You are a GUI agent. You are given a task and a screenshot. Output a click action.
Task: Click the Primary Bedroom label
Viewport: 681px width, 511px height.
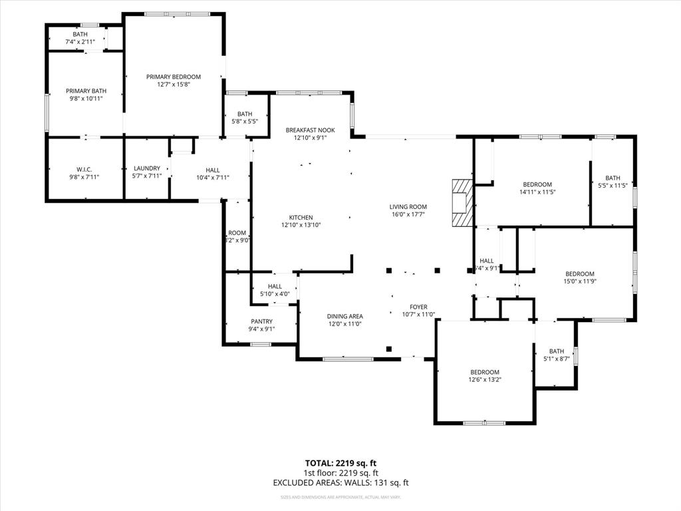[x=174, y=77]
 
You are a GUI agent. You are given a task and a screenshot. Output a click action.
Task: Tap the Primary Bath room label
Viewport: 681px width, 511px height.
[x=86, y=91]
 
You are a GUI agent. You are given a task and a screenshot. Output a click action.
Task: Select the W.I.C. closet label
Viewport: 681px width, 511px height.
[x=83, y=169]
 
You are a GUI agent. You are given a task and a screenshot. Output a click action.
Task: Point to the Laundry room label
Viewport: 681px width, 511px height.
[x=147, y=168]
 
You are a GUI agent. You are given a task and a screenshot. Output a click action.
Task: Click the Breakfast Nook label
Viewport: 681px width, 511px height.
[x=310, y=130]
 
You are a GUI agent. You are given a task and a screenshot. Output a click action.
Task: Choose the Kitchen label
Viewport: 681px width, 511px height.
[x=301, y=218]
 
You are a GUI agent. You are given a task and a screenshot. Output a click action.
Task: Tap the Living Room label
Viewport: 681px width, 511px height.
[x=408, y=207]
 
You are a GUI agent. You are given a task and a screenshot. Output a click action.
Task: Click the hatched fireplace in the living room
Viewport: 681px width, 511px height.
[x=460, y=204]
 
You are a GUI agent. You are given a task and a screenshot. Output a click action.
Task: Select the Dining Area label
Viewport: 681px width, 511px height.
[x=344, y=317]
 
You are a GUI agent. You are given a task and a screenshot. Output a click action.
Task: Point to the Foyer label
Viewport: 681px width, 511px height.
[x=418, y=307]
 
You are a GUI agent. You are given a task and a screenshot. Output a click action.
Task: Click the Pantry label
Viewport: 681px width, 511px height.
[x=261, y=321]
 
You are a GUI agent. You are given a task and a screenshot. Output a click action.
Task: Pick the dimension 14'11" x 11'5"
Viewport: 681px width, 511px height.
[x=537, y=192]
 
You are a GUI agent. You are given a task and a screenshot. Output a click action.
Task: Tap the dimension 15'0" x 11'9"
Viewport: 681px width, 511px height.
[x=580, y=282]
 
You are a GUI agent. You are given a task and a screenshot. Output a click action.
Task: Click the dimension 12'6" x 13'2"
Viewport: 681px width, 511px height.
[x=485, y=380]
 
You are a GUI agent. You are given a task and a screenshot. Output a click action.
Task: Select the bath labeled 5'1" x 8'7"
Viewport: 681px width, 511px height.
[x=556, y=355]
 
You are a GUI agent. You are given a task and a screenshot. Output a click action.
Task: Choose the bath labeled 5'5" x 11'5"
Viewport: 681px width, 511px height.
[x=613, y=182]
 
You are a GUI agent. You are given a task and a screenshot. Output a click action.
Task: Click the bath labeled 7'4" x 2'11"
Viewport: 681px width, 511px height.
[x=80, y=38]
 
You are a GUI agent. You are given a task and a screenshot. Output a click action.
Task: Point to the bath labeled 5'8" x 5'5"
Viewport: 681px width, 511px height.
[x=245, y=118]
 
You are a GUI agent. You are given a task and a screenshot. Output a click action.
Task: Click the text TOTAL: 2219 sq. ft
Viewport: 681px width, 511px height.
[x=340, y=463]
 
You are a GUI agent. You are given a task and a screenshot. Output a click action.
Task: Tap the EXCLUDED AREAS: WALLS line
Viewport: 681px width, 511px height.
[x=340, y=483]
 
